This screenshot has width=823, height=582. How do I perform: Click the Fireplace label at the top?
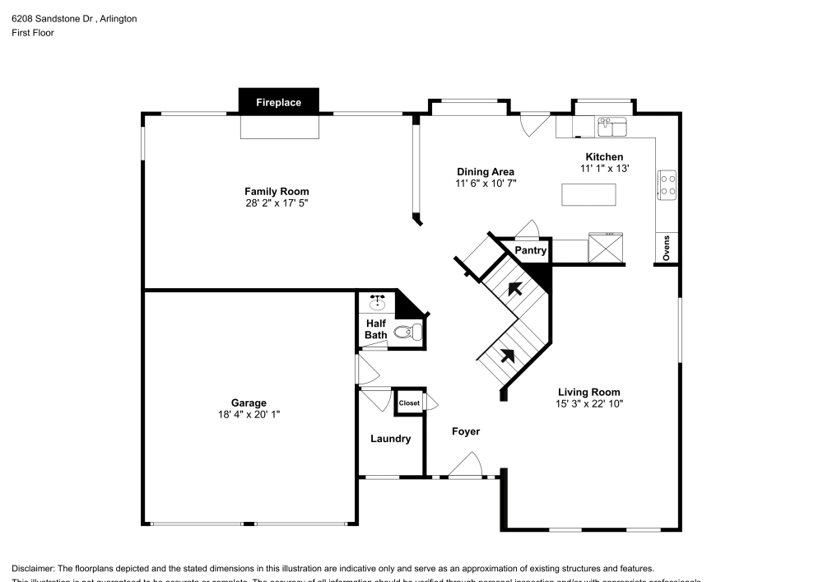278,103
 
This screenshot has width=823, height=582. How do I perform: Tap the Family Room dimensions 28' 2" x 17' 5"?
277,203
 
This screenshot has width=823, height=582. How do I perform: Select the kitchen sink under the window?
611,127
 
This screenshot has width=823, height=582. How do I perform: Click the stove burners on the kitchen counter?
667,185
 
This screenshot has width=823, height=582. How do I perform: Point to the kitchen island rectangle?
588,194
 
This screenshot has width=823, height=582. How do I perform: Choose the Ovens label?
667,248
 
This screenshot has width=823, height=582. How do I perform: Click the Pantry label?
530,250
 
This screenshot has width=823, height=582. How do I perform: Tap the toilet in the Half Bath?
407,333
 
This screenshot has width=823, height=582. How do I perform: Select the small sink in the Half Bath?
378,302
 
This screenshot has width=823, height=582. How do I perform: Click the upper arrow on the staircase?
516,288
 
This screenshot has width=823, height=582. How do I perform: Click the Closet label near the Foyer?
409,403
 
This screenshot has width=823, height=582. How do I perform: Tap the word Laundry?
390,440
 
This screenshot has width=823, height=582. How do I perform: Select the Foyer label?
466,431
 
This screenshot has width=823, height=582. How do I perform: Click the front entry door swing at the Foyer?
467,467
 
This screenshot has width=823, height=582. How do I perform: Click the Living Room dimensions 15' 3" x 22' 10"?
588,404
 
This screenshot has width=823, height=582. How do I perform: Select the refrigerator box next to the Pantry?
607,248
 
